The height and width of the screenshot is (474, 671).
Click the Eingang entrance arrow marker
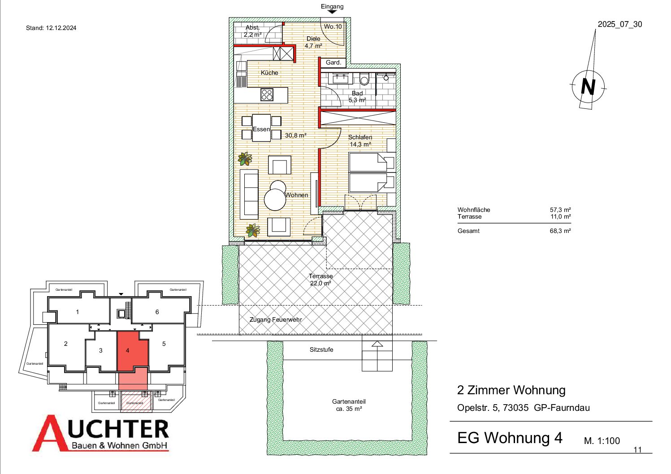coord(332,12)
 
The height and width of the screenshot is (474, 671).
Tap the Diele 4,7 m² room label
coord(313,42)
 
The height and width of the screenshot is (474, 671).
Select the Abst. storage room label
coord(252,27)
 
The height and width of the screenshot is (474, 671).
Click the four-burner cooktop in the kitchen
coord(267,95)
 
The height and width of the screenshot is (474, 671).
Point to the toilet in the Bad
coord(364,79)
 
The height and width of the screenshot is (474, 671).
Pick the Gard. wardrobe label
coord(333,62)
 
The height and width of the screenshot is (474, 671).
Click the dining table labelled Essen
coord(261,128)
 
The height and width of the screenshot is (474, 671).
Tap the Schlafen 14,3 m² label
coord(360,141)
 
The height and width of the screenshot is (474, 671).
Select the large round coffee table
coord(275,200)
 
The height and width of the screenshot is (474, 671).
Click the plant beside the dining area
coord(245,159)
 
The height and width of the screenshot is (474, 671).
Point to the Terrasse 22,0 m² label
coord(320,280)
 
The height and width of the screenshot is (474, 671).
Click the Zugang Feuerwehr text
coord(276,319)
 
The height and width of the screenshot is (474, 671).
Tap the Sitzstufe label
coord(321,349)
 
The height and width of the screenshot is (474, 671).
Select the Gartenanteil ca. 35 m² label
coord(349,405)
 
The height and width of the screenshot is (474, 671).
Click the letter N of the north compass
coord(588,87)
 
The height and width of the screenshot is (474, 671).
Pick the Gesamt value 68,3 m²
coord(560,231)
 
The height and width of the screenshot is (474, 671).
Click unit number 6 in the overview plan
coord(157,312)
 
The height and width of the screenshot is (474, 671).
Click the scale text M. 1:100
coord(602,441)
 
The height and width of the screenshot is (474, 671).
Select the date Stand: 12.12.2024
coord(51,28)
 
